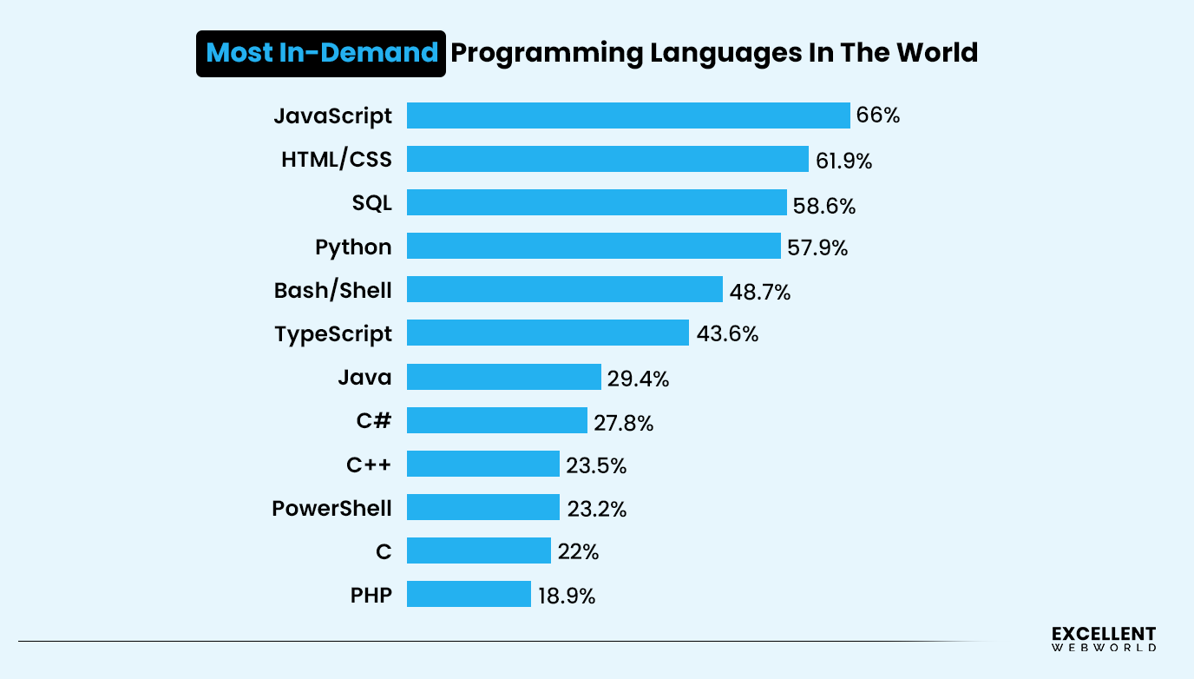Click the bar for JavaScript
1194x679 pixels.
628,115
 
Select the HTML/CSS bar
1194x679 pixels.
607,159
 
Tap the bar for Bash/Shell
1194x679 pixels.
564,289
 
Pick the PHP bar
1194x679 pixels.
469,594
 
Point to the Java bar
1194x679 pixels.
503,377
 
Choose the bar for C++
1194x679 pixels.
482,464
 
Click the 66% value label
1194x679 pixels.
877,115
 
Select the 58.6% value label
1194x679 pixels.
823,206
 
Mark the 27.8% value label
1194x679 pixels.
623,423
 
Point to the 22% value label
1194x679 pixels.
578,552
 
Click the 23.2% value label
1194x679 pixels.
596,509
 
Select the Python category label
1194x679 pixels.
353,247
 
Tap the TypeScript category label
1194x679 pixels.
333,333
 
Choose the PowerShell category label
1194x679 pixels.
331,508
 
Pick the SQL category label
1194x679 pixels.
371,203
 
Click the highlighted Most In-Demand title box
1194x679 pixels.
321,53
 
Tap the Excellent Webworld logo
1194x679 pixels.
1103,638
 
